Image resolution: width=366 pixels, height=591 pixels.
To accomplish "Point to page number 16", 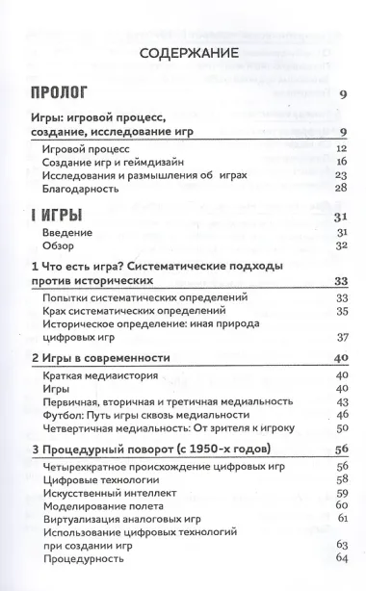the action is point(339,163).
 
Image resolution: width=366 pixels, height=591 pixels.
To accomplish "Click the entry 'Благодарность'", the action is point(82,190).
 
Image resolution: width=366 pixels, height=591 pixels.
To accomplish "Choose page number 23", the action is point(339,176).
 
